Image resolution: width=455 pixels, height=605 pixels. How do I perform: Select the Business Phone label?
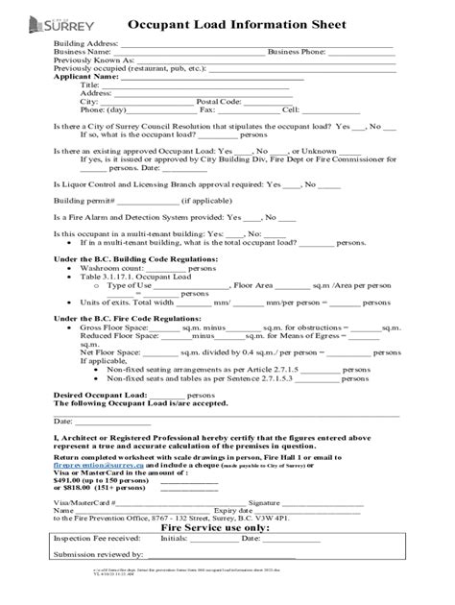click(300, 52)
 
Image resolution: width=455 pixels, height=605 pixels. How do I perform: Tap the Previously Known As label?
click(94, 60)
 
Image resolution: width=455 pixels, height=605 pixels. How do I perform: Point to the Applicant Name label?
click(86, 77)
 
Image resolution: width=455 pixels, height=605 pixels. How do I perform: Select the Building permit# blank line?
click(148, 201)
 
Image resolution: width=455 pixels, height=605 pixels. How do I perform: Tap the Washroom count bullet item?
click(113, 268)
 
